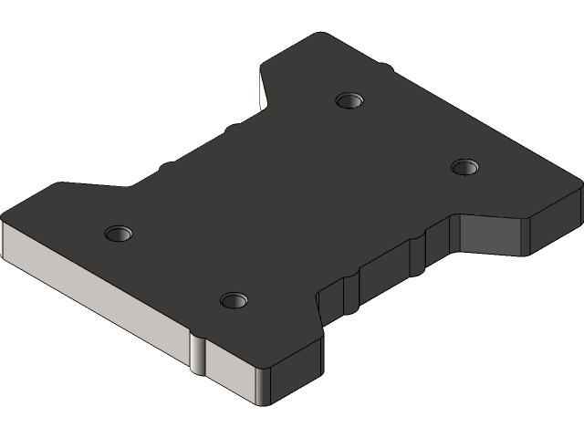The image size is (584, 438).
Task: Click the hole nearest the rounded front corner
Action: tap(235, 299)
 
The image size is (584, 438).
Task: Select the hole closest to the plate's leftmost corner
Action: tap(118, 233)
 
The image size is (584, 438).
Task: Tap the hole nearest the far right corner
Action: tap(465, 166)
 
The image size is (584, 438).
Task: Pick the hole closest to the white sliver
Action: tap(349, 99)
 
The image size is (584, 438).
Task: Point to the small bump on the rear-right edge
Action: tap(387, 67)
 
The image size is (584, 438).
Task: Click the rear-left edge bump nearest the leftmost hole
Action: tap(166, 166)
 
